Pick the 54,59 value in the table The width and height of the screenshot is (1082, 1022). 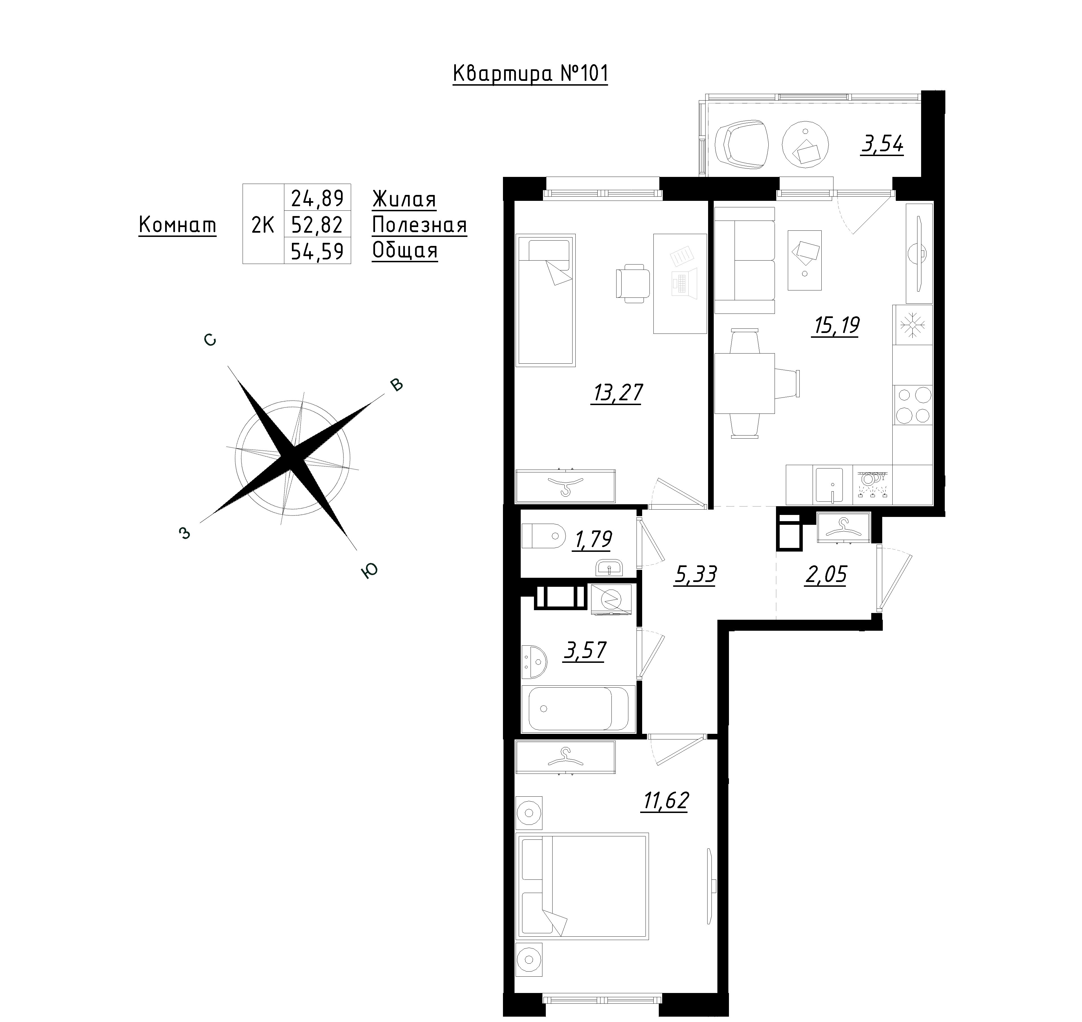(317, 251)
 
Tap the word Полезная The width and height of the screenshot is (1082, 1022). (420, 225)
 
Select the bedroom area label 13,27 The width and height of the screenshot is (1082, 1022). (617, 393)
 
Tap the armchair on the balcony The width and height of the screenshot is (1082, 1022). (742, 144)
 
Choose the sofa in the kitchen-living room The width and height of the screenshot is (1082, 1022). (744, 260)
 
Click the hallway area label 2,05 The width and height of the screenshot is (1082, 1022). (825, 575)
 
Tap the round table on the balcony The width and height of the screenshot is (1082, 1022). (805, 144)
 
